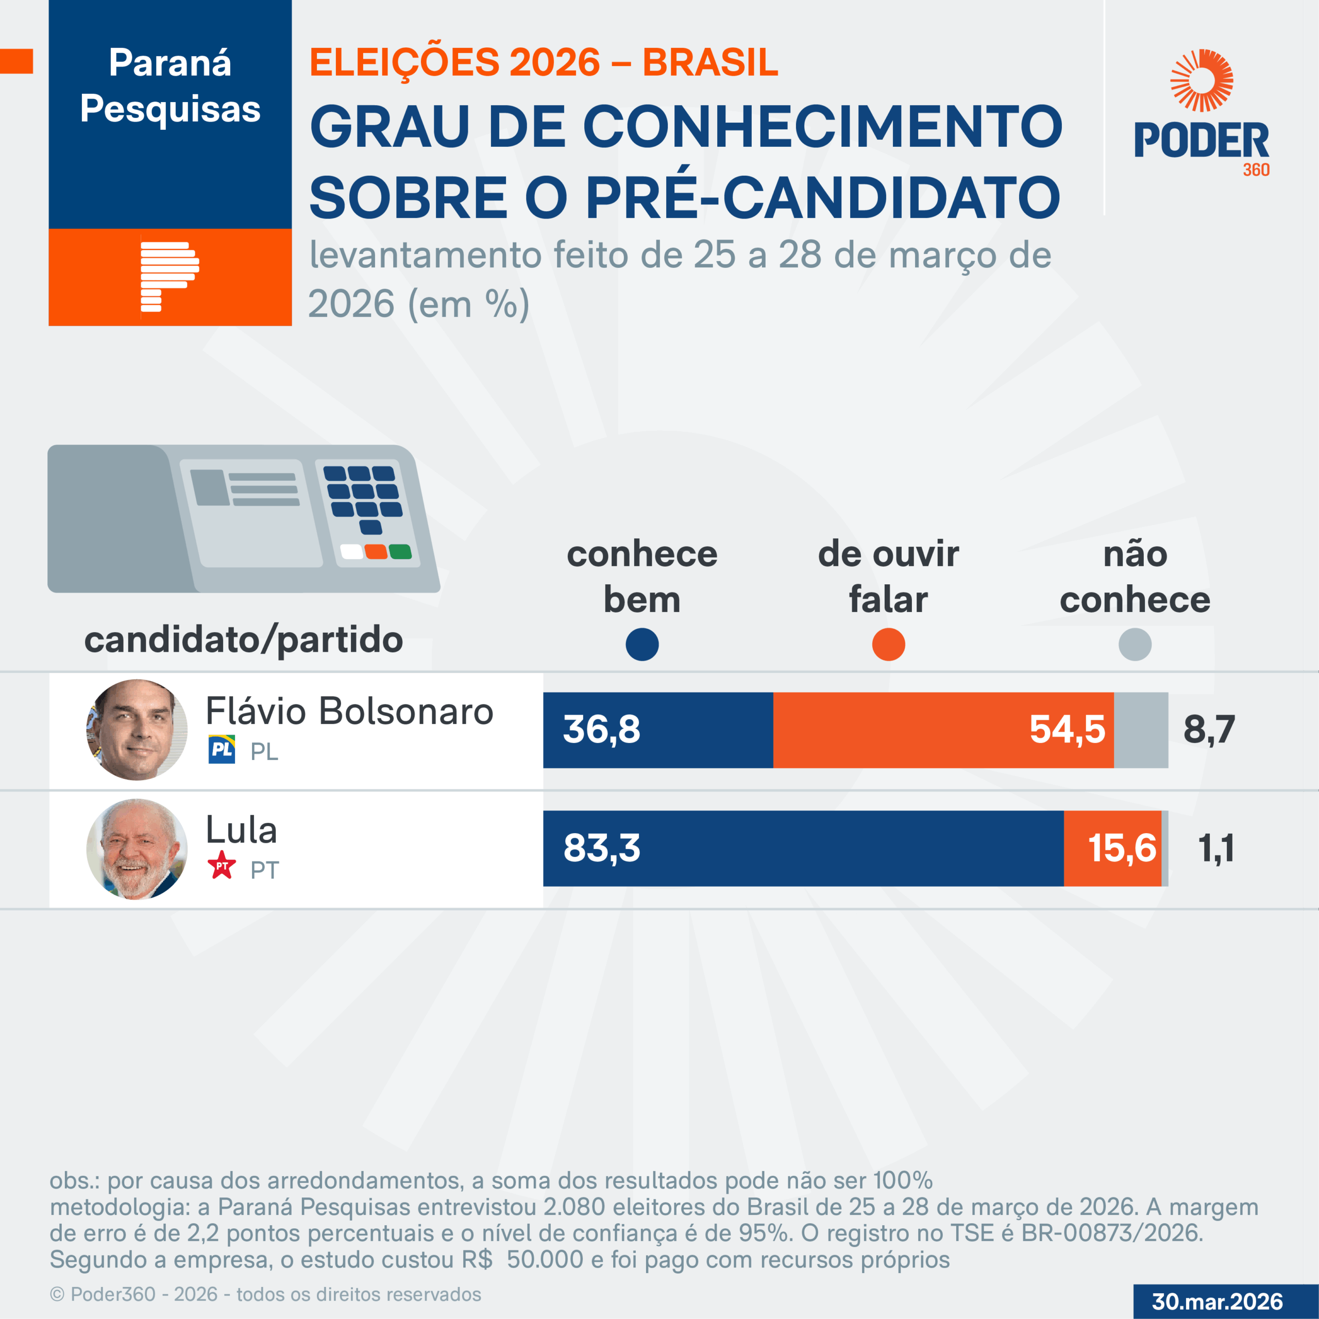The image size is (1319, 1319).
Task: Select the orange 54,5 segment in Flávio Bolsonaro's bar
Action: click(x=942, y=730)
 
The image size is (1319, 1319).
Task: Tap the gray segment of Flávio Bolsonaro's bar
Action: click(x=1141, y=730)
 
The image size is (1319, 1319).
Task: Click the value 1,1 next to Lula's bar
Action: click(x=1216, y=849)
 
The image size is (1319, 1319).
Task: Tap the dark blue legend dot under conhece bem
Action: click(x=642, y=645)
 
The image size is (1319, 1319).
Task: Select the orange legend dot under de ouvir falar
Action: click(x=888, y=645)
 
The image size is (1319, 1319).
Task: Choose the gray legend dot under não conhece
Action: click(x=1135, y=645)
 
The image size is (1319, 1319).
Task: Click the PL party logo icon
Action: click(x=221, y=750)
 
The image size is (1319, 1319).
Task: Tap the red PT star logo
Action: click(x=221, y=866)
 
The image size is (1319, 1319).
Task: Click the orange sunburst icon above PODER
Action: click(x=1202, y=80)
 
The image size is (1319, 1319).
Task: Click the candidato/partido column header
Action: click(x=244, y=640)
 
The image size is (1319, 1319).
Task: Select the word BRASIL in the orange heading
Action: click(x=710, y=62)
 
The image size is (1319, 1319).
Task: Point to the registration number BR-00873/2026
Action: click(x=1111, y=1233)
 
